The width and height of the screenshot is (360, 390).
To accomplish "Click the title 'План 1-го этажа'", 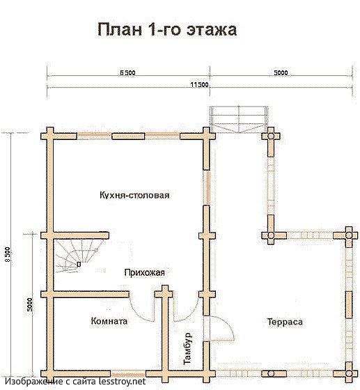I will tap(167, 30).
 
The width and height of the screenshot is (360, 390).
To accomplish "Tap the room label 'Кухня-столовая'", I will tap(135, 195).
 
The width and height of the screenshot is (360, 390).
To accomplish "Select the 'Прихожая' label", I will tap(144, 272).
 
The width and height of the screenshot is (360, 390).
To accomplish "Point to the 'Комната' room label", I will tap(109, 322).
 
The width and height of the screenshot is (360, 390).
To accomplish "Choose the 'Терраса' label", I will tap(283, 322).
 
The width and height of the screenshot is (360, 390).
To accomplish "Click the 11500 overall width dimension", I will tap(199, 84).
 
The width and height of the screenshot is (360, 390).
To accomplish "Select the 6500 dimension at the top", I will tap(127, 72).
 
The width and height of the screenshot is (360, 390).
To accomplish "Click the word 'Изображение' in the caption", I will tap(31, 382).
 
